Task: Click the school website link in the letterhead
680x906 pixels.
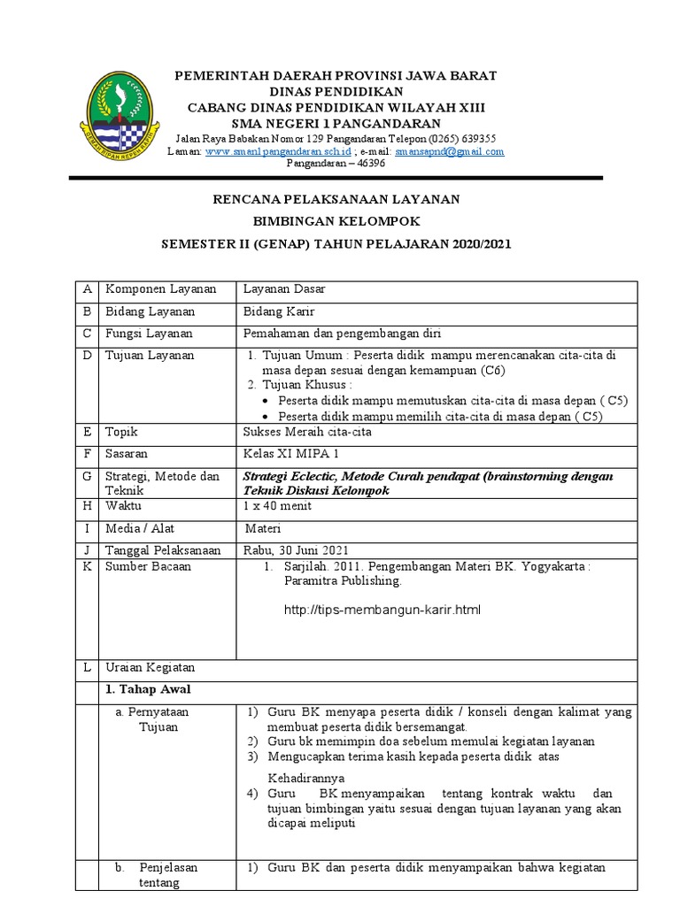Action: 277,151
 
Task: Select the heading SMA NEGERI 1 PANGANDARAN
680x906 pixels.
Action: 336,122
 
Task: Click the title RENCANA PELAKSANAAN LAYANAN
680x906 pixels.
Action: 336,201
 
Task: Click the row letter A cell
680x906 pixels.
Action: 87,290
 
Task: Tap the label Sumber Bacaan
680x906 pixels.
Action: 148,567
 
